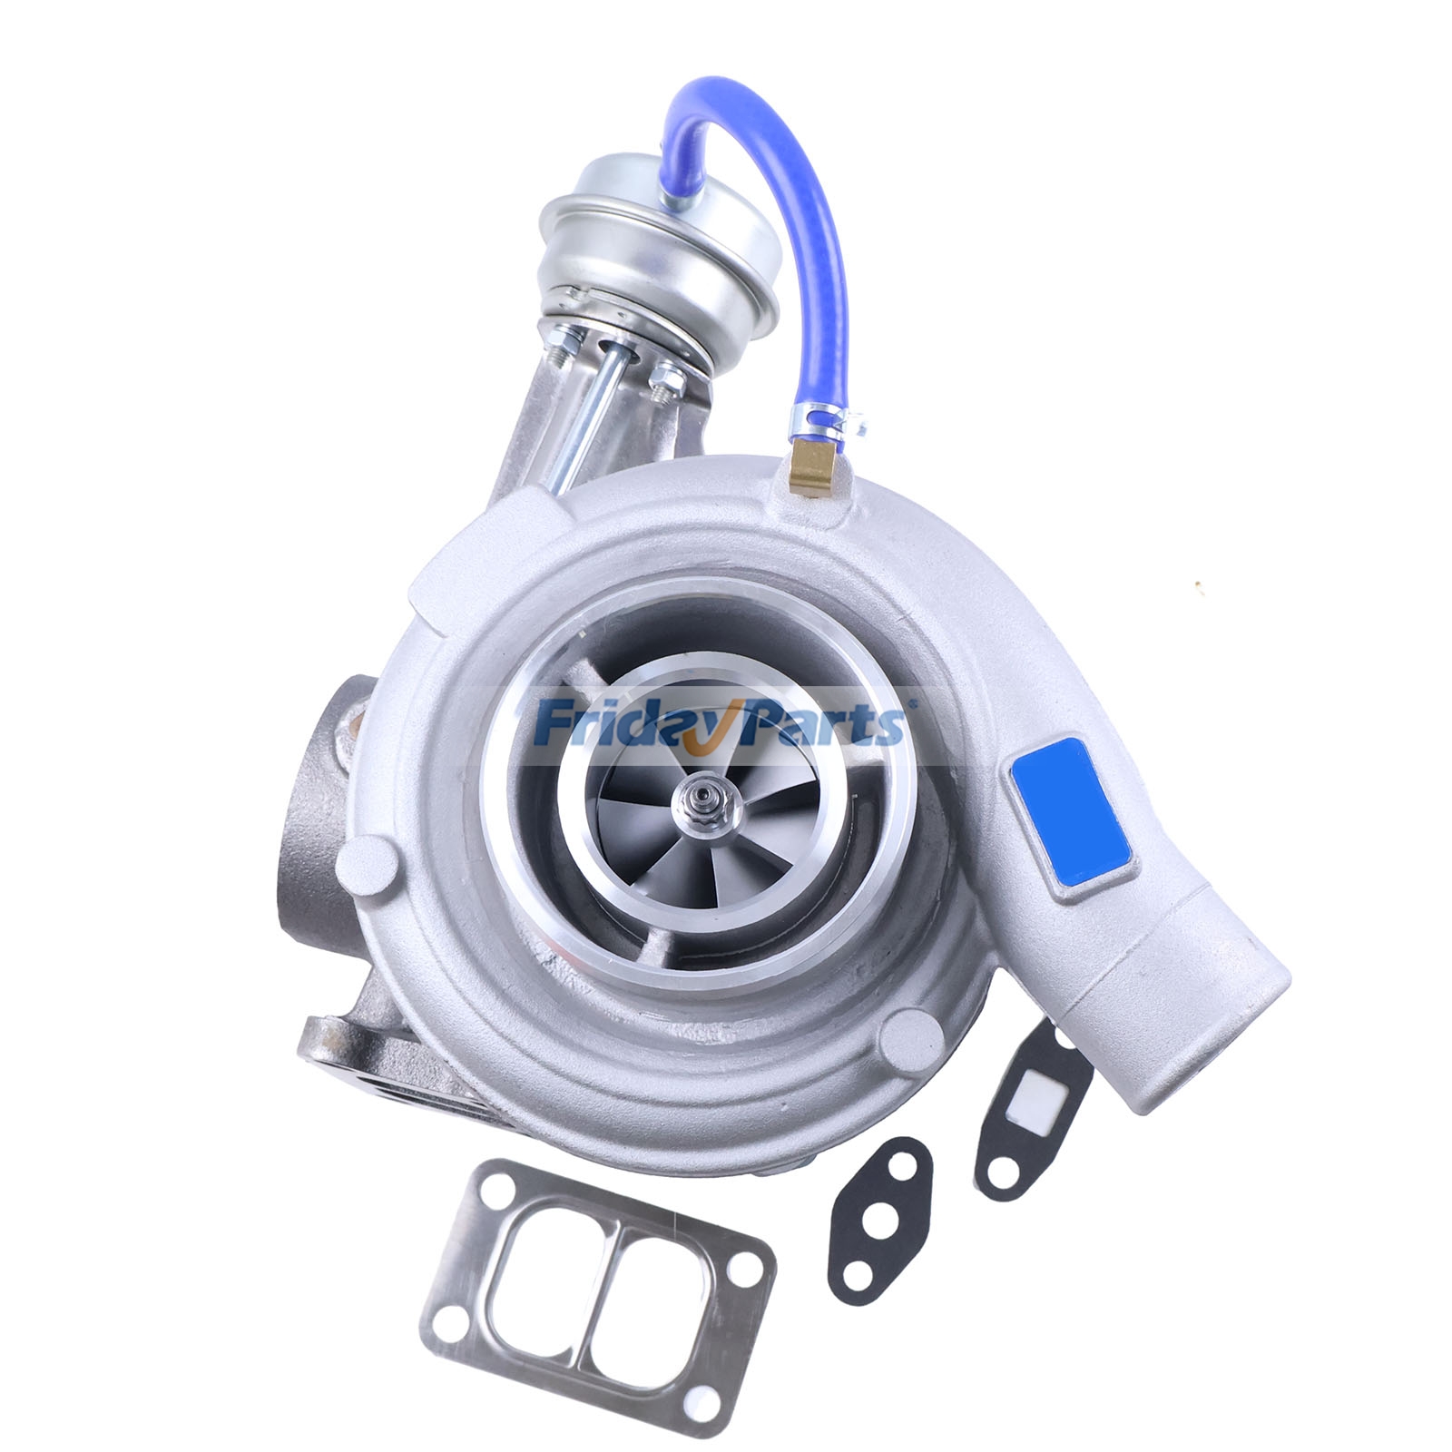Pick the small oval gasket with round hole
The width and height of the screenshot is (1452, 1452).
877,1198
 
